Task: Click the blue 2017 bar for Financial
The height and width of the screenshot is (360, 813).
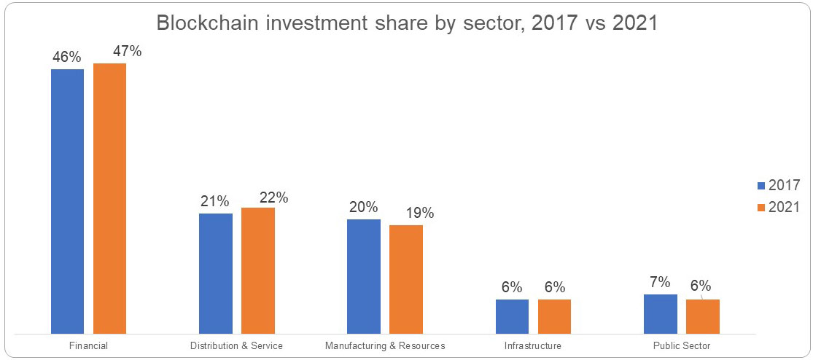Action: pos(67,201)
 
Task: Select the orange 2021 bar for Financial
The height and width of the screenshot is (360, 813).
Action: pos(109,198)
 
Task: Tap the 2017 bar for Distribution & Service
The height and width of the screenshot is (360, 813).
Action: pos(216,273)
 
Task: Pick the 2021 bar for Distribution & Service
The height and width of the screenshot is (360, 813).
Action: pos(258,270)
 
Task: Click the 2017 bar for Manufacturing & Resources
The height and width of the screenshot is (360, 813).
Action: pos(364,276)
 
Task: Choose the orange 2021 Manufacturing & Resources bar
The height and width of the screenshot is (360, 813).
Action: pos(406,279)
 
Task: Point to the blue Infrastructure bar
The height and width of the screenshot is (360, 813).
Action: pos(512,316)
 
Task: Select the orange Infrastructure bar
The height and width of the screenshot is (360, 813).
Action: pos(554,316)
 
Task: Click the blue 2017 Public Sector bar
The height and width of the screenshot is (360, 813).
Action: pos(660,314)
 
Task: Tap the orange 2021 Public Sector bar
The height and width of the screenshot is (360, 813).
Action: pos(703,316)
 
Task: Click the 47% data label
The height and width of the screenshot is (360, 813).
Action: pos(126,52)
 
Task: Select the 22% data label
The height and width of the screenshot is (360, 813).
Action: pos(273,197)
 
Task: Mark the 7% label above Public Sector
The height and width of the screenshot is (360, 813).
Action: pos(659,282)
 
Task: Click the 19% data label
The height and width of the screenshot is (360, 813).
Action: pos(419,214)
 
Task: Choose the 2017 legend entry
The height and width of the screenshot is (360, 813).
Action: pos(779,185)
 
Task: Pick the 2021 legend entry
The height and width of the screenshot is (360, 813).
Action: pos(779,207)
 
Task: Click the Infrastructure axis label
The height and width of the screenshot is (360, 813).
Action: pos(533,345)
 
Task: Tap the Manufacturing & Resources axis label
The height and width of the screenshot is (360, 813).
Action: pos(384,345)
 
